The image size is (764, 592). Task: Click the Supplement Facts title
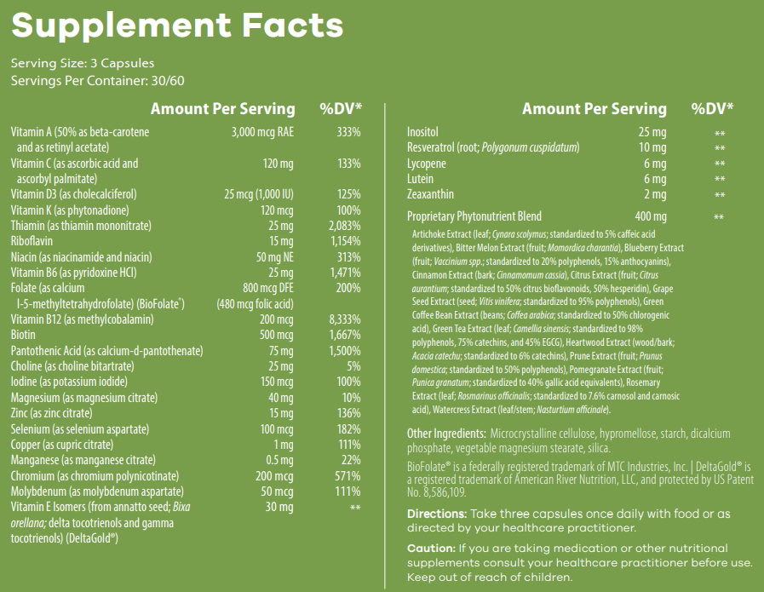tap(177, 26)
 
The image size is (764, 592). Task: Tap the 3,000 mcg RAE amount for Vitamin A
tap(262, 132)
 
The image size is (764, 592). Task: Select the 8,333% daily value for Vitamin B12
tap(345, 319)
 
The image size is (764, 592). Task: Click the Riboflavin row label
tap(32, 241)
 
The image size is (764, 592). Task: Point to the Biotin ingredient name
tap(23, 335)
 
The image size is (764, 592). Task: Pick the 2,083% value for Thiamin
tap(345, 226)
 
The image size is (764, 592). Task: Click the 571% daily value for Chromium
tap(348, 476)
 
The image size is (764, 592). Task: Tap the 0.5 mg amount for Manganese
tap(279, 460)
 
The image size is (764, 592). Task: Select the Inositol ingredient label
tap(422, 132)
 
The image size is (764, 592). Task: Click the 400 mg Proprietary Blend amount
tap(651, 216)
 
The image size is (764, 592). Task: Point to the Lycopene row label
tap(427, 164)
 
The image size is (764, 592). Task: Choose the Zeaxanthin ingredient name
tap(430, 194)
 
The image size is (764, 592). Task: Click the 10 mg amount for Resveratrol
tap(652, 147)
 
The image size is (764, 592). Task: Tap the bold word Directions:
tap(437, 514)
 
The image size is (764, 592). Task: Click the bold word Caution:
tap(431, 549)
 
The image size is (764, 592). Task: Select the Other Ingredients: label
tap(446, 434)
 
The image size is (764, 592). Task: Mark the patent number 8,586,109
tap(445, 492)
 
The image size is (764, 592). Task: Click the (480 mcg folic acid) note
tap(255, 304)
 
